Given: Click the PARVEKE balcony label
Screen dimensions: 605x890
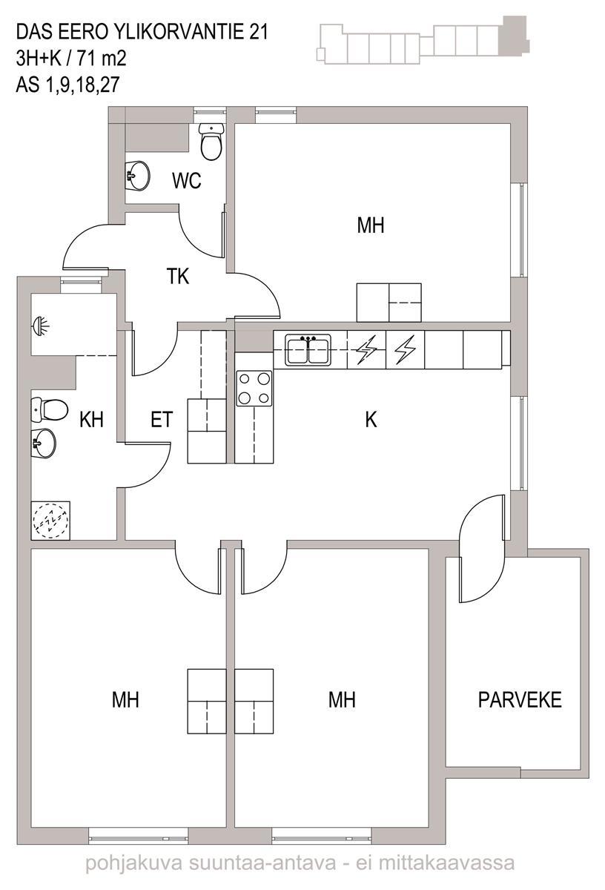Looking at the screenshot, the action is click(520, 699).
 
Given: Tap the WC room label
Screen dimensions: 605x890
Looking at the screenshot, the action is click(186, 180).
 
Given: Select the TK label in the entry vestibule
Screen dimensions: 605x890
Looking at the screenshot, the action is click(177, 276).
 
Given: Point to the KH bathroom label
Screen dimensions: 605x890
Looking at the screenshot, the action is click(91, 420).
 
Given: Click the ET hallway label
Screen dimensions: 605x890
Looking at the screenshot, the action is click(162, 420).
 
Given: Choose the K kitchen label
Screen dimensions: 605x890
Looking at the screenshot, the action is click(371, 420).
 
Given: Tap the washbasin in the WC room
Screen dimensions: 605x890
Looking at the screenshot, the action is click(137, 176).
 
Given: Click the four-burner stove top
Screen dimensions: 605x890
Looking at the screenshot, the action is click(254, 388).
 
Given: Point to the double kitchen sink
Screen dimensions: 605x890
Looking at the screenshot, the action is click(308, 349).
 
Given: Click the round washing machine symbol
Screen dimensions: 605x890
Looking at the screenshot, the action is click(50, 521).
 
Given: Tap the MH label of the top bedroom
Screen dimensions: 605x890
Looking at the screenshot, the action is click(371, 225).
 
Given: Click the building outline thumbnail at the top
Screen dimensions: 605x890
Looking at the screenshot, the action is click(423, 40).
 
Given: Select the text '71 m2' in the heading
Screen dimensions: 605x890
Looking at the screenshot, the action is click(102, 59).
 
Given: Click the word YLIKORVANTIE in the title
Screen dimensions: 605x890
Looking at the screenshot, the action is click(176, 33).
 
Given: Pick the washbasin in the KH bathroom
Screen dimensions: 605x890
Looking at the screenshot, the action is click(44, 444).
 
